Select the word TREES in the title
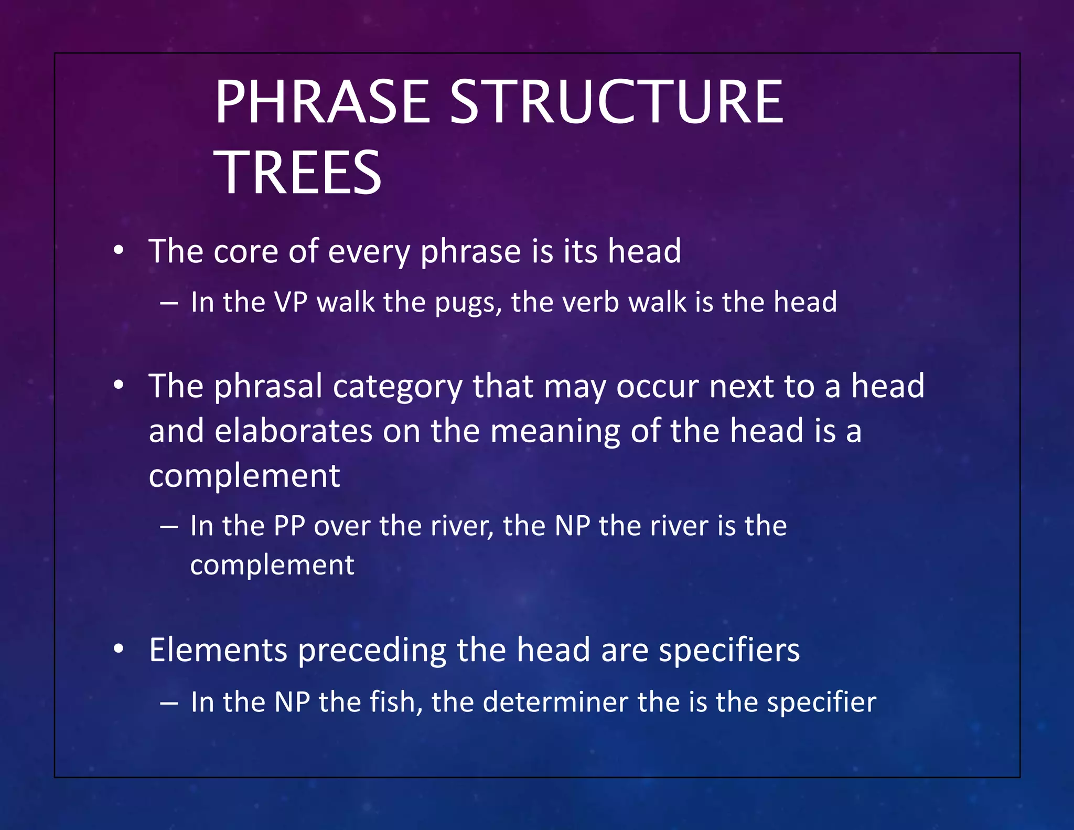pyautogui.click(x=298, y=173)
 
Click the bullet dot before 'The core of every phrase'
pyautogui.click(x=119, y=251)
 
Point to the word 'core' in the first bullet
pyautogui.click(x=245, y=251)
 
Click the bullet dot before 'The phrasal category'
pyautogui.click(x=119, y=386)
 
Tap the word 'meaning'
pyautogui.click(x=555, y=432)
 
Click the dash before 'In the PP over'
pyautogui.click(x=169, y=526)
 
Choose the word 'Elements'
pyautogui.click(x=218, y=650)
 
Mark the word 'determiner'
pyautogui.click(x=555, y=702)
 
